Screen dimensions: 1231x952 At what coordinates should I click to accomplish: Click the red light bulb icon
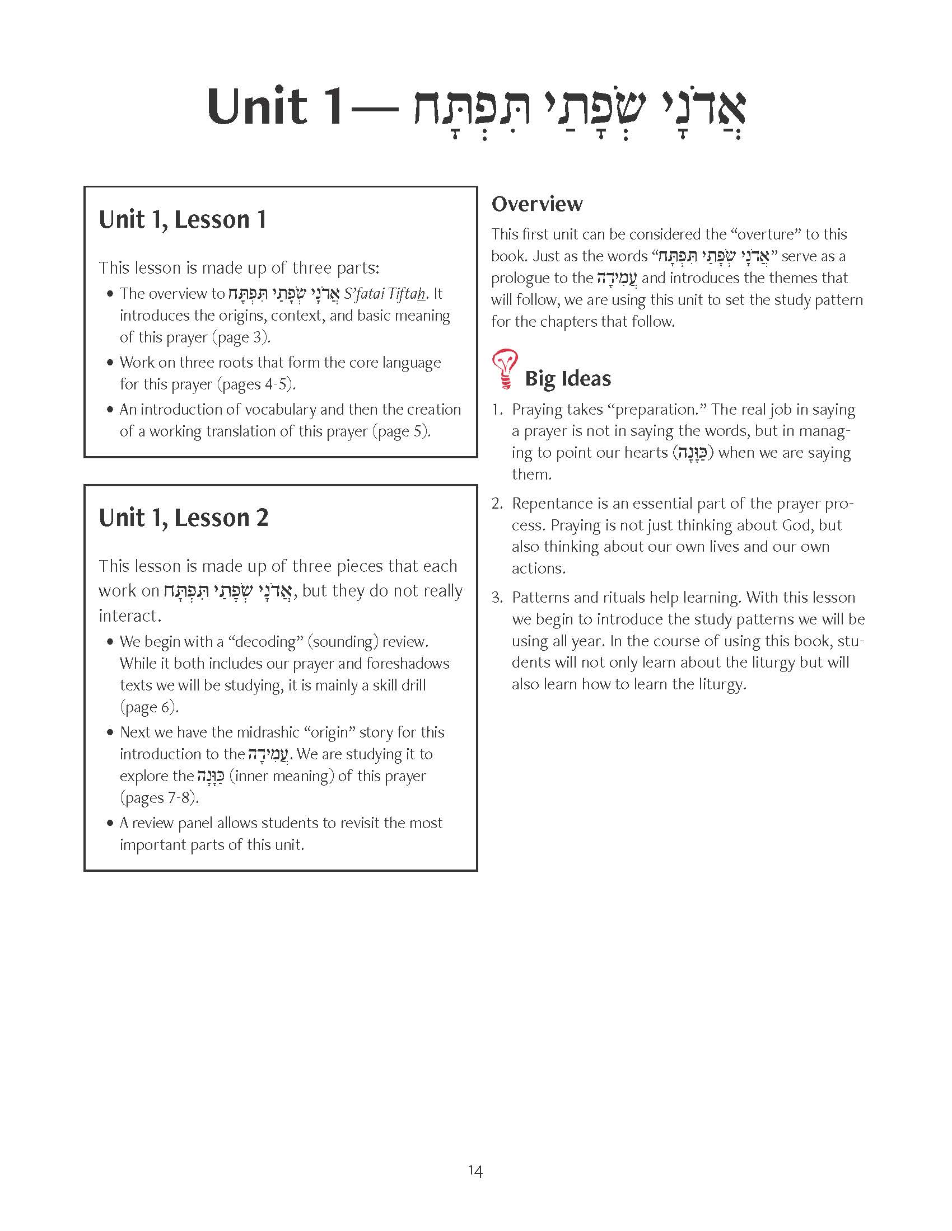click(505, 369)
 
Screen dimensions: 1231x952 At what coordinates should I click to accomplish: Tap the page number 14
click(475, 1171)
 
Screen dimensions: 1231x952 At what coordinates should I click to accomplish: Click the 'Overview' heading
click(537, 204)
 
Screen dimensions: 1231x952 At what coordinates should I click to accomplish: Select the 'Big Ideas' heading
click(567, 378)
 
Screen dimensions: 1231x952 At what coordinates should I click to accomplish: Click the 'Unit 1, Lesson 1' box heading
click(182, 219)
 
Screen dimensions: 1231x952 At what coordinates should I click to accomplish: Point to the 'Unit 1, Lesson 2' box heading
click(183, 518)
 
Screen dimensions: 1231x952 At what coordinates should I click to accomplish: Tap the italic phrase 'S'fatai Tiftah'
click(385, 294)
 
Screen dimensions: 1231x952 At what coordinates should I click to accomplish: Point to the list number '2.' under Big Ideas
click(497, 504)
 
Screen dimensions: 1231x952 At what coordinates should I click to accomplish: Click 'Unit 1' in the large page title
click(274, 107)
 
